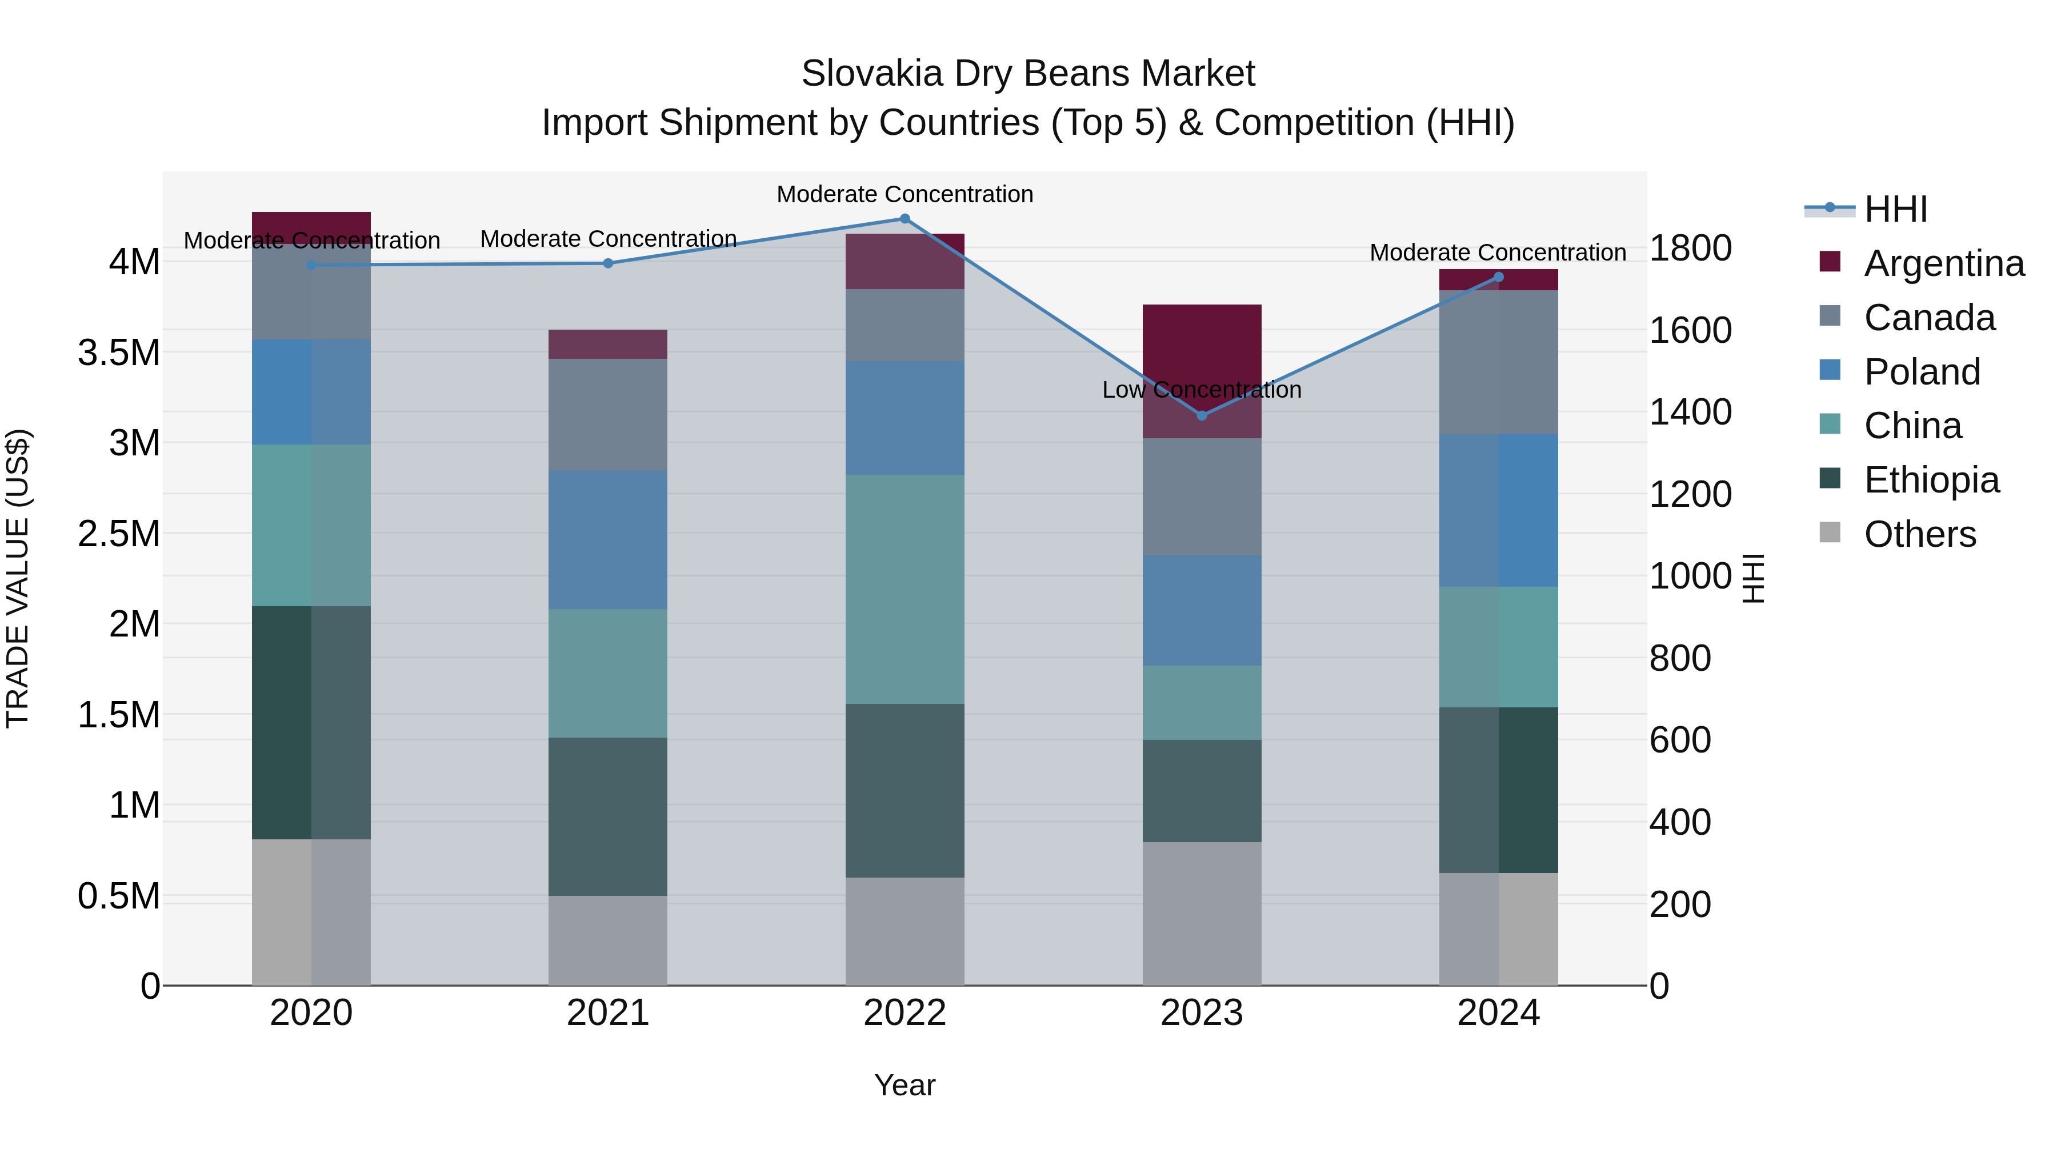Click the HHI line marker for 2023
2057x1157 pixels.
point(1202,415)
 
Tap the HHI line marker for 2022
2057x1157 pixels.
point(905,219)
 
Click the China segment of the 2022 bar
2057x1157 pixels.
point(905,589)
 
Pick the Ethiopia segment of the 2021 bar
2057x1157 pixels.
point(608,816)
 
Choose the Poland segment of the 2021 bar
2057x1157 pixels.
point(608,540)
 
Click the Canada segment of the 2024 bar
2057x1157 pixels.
point(1498,362)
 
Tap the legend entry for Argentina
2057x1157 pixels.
point(1944,263)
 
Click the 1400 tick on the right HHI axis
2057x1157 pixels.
point(1691,412)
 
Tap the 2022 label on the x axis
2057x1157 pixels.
point(905,1012)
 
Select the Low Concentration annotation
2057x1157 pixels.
point(1202,390)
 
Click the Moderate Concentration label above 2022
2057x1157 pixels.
point(905,194)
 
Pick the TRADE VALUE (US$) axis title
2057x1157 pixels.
point(18,578)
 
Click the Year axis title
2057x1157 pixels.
point(905,1085)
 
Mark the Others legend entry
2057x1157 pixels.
point(1920,534)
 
